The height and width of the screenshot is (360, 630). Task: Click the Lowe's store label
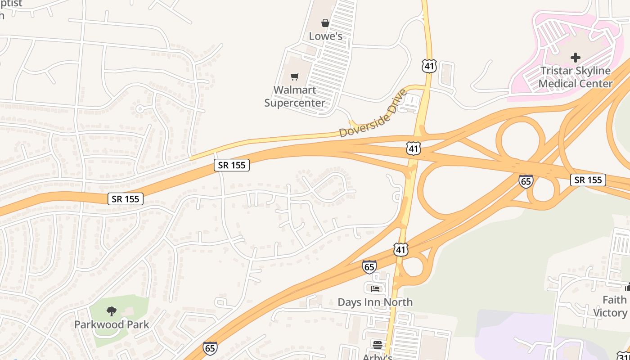[x=325, y=36]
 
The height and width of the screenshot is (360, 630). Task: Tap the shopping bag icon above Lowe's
[x=325, y=23]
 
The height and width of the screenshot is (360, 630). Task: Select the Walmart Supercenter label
[x=295, y=96]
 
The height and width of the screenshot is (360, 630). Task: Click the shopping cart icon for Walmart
[x=294, y=77]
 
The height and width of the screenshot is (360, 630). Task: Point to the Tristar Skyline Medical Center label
[x=575, y=77]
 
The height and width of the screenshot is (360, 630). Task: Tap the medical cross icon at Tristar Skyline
[x=575, y=58]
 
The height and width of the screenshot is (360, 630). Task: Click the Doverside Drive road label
[x=373, y=114]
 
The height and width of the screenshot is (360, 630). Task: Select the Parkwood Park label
[x=111, y=324]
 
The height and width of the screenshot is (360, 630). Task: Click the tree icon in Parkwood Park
[x=111, y=311]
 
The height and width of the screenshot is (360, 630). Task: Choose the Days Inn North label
[x=375, y=302]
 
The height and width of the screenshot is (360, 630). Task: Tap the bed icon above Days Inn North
[x=375, y=288]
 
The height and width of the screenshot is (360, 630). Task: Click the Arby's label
[x=378, y=356]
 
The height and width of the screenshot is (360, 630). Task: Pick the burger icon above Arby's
[x=378, y=345]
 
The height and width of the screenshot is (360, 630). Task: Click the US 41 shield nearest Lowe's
[x=429, y=67]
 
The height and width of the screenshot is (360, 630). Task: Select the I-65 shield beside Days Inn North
[x=369, y=267]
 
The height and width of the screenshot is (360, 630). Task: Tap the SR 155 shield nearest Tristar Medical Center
[x=588, y=180]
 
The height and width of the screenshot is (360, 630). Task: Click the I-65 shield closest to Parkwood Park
[x=210, y=348]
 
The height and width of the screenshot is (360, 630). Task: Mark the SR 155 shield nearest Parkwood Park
[x=126, y=199]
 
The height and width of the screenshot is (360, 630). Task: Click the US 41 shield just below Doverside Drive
[x=413, y=148]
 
